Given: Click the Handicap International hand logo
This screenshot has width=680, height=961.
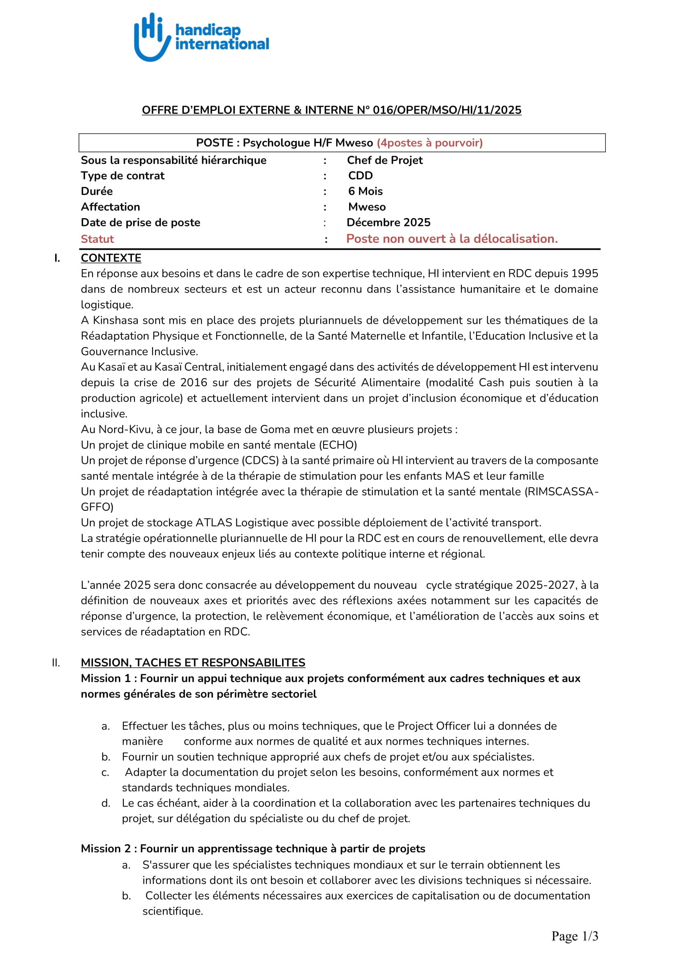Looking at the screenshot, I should (x=152, y=37).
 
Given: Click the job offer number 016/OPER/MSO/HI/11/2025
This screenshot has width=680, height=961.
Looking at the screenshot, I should (x=447, y=110).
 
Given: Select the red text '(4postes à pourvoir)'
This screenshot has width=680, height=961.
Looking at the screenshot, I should (x=430, y=143).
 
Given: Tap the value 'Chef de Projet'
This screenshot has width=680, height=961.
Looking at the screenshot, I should (x=385, y=160).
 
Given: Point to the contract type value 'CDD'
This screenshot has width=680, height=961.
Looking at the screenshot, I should (x=360, y=176).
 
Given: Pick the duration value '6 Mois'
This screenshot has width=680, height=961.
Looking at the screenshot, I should (x=365, y=191).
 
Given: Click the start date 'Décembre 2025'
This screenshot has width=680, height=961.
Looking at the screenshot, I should (x=388, y=222).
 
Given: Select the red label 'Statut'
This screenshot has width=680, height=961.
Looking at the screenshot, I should (x=97, y=239).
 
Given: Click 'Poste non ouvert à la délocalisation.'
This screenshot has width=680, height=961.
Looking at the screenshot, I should (x=452, y=239).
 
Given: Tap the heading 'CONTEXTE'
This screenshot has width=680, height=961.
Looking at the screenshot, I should (x=111, y=258).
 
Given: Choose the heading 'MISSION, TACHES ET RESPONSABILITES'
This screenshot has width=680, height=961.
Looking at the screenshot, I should (x=193, y=663).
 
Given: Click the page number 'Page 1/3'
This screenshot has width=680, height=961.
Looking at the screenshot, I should (x=574, y=936).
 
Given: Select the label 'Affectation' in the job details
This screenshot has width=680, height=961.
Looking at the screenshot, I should (x=111, y=207).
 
